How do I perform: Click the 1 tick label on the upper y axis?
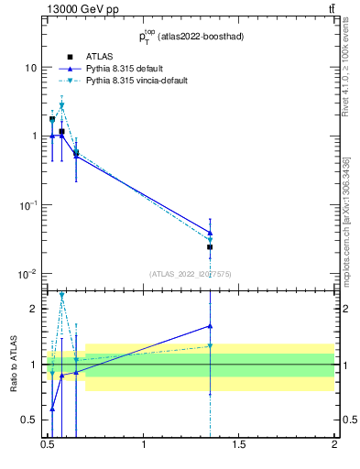pyautogui.click(x=34, y=136)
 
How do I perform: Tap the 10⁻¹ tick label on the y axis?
pyautogui.click(x=28, y=204)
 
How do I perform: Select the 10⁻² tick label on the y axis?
pyautogui.click(x=28, y=273)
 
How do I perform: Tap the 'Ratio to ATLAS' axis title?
pyautogui.click(x=13, y=364)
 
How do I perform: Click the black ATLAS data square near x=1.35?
pyautogui.click(x=210, y=246)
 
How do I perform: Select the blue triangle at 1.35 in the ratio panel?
pyautogui.click(x=210, y=325)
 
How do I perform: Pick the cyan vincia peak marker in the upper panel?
pyautogui.click(x=61, y=105)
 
